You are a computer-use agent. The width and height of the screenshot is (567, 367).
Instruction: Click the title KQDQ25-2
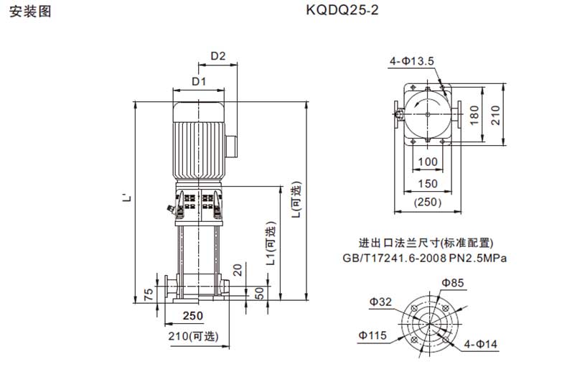click(342, 10)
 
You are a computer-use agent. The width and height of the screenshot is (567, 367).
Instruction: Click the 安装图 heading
click(30, 11)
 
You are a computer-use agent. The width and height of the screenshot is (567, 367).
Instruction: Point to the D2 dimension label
click(218, 56)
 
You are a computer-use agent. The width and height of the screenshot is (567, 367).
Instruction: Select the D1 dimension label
click(199, 81)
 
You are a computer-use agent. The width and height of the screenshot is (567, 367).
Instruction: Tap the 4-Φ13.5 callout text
click(411, 61)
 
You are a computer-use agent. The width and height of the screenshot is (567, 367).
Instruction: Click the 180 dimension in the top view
click(474, 115)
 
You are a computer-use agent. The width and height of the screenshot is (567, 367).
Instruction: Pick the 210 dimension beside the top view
click(495, 115)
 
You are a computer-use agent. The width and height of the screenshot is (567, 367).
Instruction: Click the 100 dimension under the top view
click(428, 162)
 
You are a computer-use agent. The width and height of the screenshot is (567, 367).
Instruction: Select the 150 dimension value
click(428, 184)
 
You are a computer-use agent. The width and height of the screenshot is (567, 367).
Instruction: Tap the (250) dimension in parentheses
click(428, 202)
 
